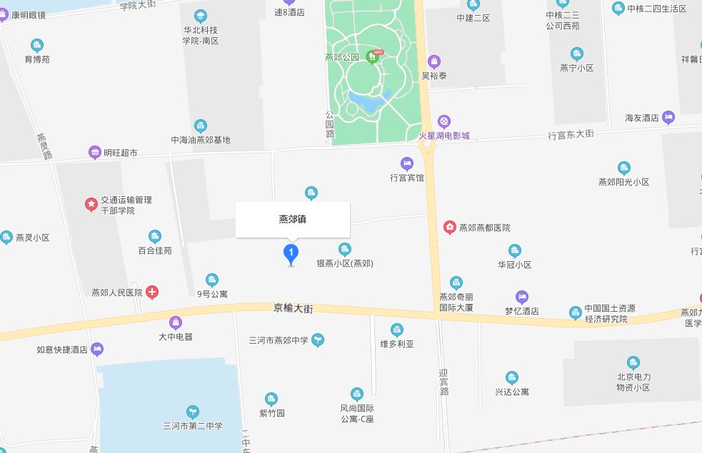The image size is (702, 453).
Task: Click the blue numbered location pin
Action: coord(291,253)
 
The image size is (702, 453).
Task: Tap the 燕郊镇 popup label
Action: coord(293,220)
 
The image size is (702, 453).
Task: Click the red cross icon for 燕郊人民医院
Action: coord(152,292)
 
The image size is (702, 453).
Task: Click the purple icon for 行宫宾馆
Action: coord(407,163)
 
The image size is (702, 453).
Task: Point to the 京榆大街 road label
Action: coord(294,308)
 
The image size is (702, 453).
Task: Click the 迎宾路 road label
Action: coord(443,382)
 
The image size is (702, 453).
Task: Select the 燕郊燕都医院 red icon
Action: coord(451,228)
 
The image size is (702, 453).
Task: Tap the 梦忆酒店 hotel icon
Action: coord(522,297)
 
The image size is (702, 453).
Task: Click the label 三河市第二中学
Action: coord(193,426)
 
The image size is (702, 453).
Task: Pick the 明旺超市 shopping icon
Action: coord(94,152)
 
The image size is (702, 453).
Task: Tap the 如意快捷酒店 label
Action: coord(62,350)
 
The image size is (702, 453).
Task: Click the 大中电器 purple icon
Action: coord(176,322)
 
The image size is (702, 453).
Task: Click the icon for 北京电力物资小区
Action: coord(633,362)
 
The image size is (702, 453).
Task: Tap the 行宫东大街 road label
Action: coord(571,134)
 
